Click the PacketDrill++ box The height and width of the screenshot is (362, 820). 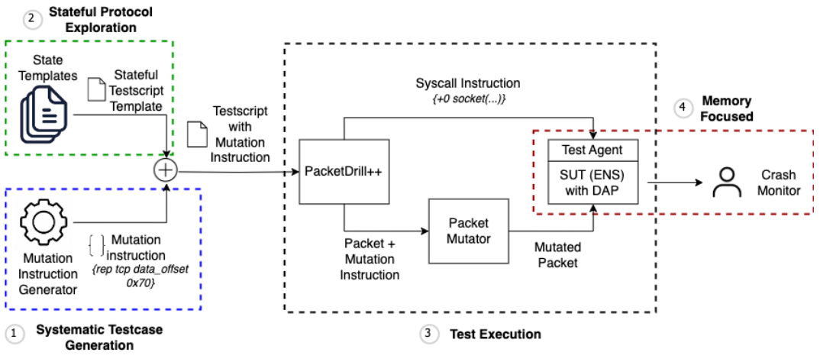coord(344,172)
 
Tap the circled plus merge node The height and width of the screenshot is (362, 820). coord(165,170)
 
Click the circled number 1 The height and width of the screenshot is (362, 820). coord(15,333)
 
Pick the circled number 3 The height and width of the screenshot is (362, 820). coord(429,334)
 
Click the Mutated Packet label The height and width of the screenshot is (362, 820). coord(557,254)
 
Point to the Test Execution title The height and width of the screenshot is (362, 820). coord(495,334)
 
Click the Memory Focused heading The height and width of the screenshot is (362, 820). coord(727,108)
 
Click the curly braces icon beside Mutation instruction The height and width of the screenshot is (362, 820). coord(95,246)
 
